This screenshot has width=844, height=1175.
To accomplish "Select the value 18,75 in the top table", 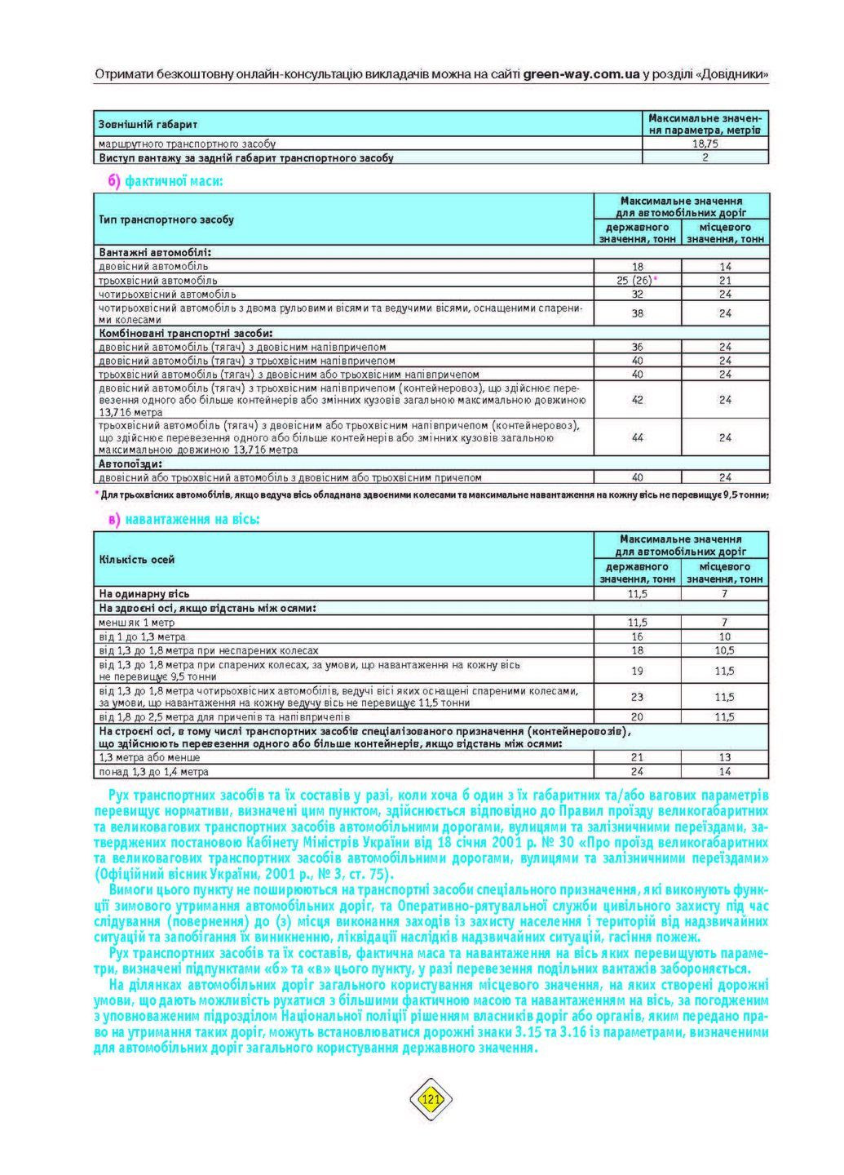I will click(705, 144).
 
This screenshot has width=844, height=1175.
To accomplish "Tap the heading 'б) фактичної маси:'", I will click(166, 180).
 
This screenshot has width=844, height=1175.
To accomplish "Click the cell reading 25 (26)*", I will click(639, 280).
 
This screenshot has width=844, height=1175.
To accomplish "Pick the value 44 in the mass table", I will click(638, 437).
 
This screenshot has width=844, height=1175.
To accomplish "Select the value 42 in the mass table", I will click(638, 400).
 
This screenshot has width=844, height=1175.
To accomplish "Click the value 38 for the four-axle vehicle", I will click(638, 313).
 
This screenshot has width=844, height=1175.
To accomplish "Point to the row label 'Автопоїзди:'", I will click(130, 463).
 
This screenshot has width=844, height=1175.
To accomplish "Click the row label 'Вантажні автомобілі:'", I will click(155, 252).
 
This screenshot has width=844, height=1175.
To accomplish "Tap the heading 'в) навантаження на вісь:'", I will click(184, 519).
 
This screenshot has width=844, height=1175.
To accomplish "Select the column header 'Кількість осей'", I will click(137, 559).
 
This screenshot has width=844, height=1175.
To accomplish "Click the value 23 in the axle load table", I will click(638, 697).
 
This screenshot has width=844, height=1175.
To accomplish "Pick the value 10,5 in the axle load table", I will click(724, 650).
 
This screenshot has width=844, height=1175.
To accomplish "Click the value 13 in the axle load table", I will click(724, 757).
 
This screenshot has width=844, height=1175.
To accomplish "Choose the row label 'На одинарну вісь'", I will click(144, 594).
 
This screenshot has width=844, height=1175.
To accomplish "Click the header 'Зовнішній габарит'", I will click(148, 124).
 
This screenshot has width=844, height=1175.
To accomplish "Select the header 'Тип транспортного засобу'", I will click(166, 219).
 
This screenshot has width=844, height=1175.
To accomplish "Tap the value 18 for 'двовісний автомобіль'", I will click(638, 266).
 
